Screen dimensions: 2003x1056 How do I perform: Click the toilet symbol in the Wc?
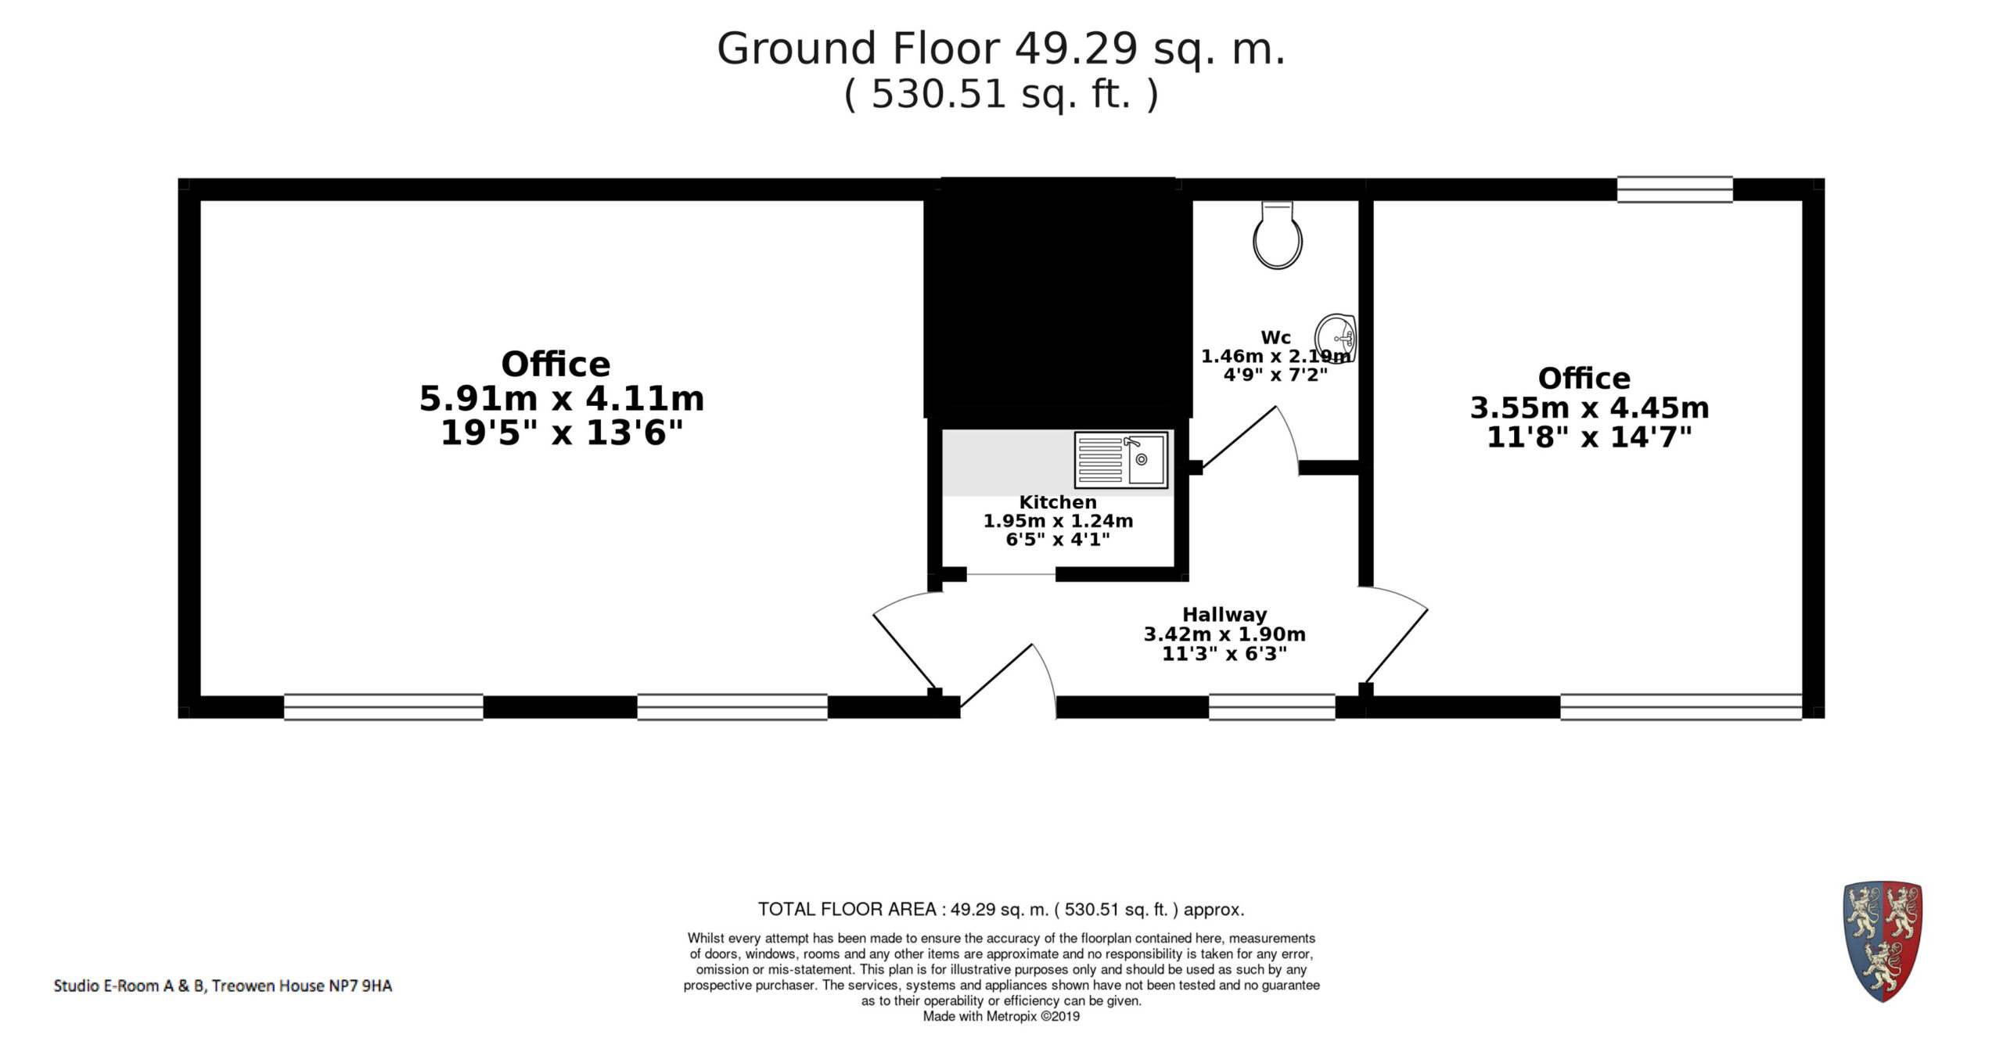tap(1277, 235)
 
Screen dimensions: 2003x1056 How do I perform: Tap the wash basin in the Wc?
tap(1336, 339)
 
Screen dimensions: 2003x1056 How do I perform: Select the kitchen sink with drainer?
tap(1121, 460)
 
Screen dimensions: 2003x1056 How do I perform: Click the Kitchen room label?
tap(1058, 502)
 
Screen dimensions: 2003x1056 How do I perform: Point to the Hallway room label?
tap(1224, 615)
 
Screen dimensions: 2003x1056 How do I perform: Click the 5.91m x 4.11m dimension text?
tap(562, 399)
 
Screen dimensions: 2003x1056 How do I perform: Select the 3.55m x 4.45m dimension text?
tap(1589, 408)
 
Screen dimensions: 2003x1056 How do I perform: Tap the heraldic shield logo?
tap(1883, 941)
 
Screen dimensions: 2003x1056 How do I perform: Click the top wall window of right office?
tap(1674, 189)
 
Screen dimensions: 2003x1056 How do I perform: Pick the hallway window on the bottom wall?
tap(1271, 707)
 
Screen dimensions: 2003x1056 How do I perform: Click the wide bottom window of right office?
tap(1681, 707)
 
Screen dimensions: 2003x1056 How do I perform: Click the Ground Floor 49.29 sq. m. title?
tap(1001, 48)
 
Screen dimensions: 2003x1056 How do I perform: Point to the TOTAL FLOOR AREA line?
tap(1001, 910)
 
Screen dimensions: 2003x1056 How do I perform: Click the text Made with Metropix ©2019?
tap(1001, 1017)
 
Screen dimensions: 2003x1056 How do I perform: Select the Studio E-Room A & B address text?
tap(223, 986)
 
